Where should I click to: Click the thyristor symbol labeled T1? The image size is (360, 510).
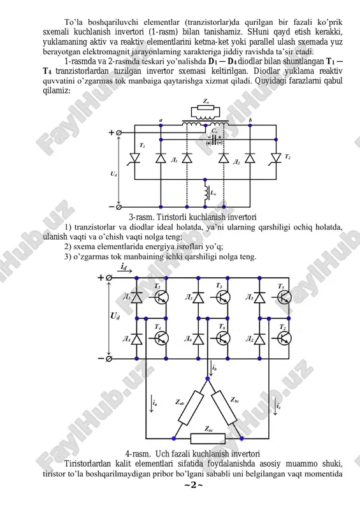pos(134,157)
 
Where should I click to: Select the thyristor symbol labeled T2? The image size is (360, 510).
pos(276,157)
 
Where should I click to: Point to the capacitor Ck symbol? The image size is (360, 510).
pos(214,140)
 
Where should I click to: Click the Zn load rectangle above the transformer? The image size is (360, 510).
pos(206,108)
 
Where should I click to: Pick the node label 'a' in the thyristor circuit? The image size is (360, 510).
pos(161,120)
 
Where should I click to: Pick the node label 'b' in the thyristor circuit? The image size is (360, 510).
pos(250,120)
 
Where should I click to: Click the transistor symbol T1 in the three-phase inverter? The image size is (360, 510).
pos(161,297)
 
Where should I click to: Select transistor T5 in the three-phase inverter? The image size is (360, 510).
pos(284,297)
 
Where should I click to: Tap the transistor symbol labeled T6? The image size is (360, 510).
pos(223,339)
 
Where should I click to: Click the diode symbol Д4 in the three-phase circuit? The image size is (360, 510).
pos(136,339)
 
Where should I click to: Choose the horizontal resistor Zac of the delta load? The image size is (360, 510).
pos(208,439)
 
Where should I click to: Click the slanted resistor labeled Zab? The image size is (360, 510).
pos(191,408)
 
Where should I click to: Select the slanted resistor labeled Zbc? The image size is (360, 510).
pos(224,407)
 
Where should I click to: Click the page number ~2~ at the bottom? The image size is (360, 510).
pos(194,485)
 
